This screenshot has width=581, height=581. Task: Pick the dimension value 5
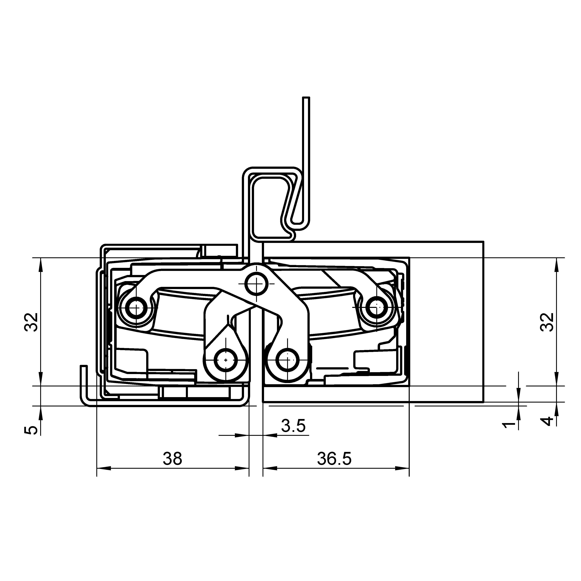point(31,430)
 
